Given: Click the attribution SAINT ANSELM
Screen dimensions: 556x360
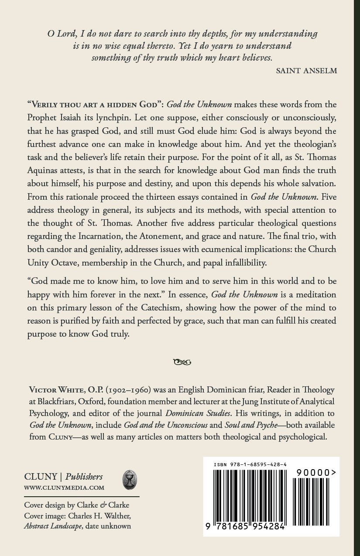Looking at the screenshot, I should point(307,71).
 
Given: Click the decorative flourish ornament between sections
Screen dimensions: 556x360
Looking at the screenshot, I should point(182,361).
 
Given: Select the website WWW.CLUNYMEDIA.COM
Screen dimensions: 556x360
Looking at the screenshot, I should point(64,488).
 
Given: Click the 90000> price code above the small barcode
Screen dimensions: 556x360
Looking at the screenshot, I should point(315,472).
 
